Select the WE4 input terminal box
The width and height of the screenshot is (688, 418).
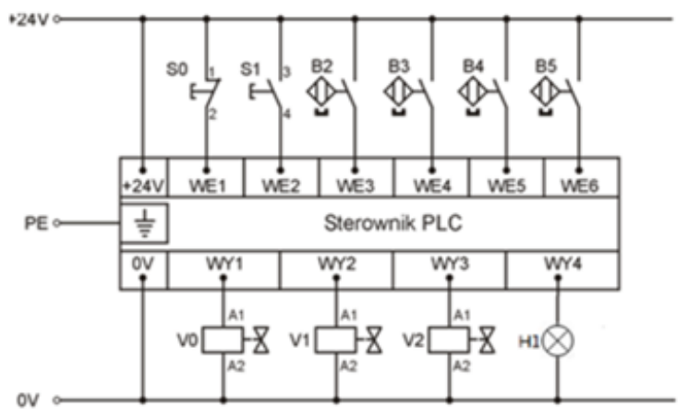430,185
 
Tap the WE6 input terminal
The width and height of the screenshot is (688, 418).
580,185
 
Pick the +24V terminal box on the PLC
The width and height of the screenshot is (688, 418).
142,185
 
